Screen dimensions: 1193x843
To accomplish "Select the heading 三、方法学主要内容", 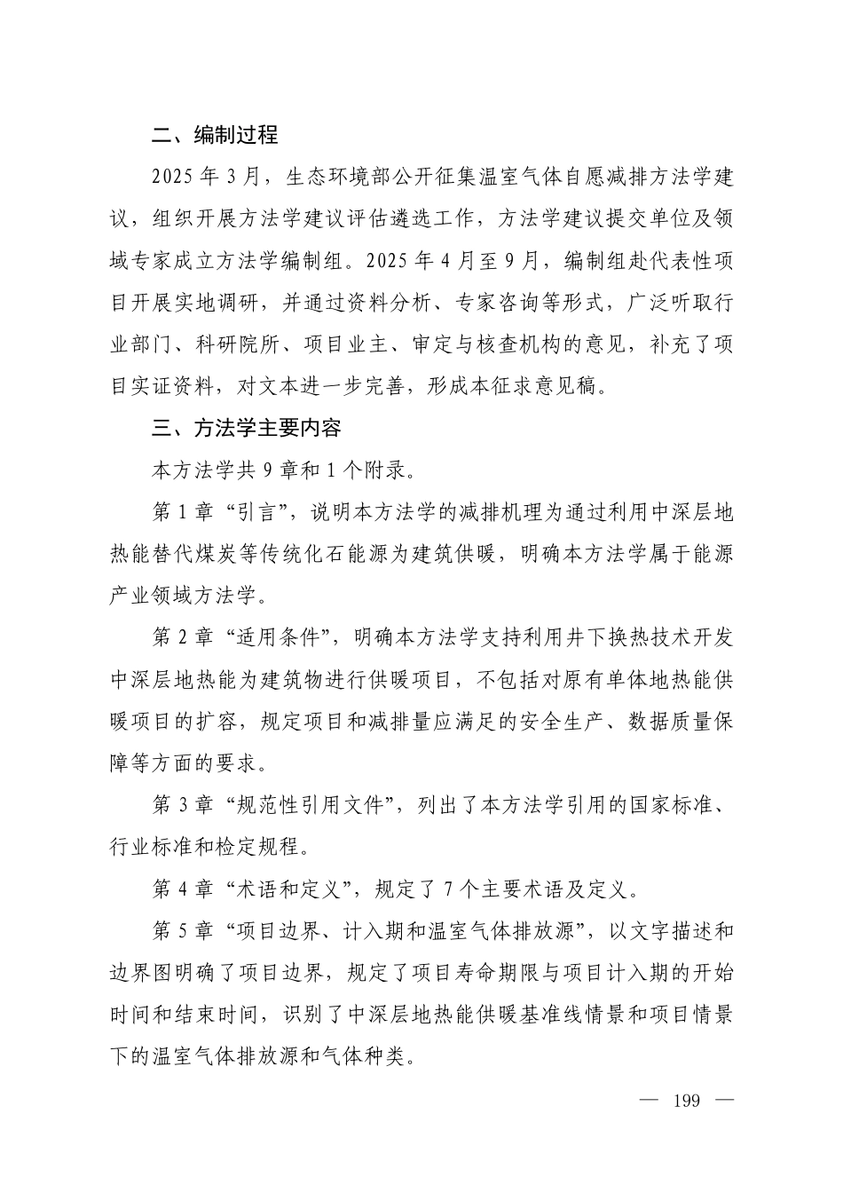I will tap(246, 428).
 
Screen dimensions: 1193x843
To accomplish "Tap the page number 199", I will tap(686, 1102).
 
